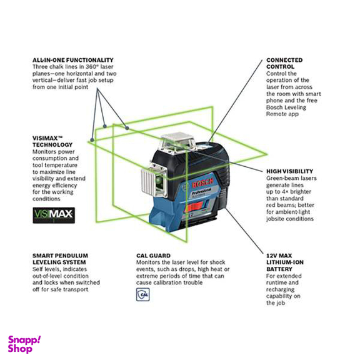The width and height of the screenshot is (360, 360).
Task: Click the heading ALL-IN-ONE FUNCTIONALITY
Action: coord(73,60)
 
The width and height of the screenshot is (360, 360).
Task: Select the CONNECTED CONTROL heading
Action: coord(284,63)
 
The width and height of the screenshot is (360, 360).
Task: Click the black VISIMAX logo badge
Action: coord(53,216)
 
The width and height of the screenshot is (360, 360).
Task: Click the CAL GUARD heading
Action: coord(152,256)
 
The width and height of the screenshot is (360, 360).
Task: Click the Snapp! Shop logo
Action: coord(24,343)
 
